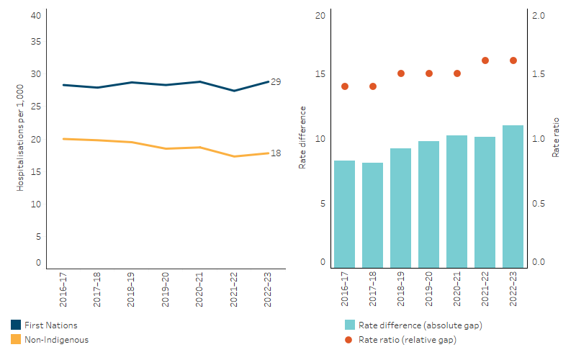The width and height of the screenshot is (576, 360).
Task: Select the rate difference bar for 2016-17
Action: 344,213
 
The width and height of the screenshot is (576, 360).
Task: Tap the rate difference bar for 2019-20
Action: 428,204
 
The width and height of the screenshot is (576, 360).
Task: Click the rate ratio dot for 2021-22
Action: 485,60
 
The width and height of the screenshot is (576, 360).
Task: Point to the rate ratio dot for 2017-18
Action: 373,86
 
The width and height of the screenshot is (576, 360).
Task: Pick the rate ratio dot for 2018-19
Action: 401,73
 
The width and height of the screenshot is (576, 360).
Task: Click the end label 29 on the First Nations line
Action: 276,82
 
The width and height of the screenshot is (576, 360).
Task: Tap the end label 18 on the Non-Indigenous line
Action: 276,153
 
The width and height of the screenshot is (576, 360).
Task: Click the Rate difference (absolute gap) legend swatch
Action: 350,325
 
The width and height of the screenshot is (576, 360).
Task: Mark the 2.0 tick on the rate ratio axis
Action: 537,16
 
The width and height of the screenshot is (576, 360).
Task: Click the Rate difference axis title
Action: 302,138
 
